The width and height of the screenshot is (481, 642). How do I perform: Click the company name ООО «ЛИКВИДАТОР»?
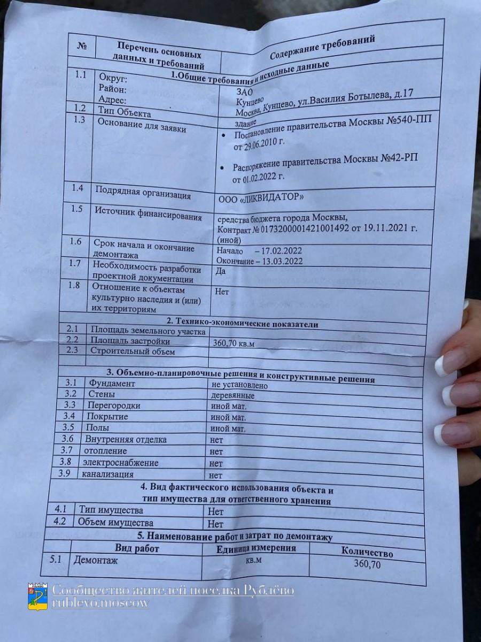261,198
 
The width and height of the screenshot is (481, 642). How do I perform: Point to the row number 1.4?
77,188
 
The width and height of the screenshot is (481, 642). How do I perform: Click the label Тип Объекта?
125,112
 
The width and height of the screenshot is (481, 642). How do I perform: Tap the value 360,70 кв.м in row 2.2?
234,343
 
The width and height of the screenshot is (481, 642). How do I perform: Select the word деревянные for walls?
232,396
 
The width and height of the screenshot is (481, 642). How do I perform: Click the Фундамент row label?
112,383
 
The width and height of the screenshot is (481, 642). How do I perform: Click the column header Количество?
367,552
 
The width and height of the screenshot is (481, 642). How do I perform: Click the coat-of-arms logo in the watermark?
37,596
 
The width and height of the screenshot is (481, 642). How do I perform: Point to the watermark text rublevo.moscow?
100,603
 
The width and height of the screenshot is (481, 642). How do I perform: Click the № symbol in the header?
82,45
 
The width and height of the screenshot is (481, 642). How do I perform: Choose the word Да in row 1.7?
220,271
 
